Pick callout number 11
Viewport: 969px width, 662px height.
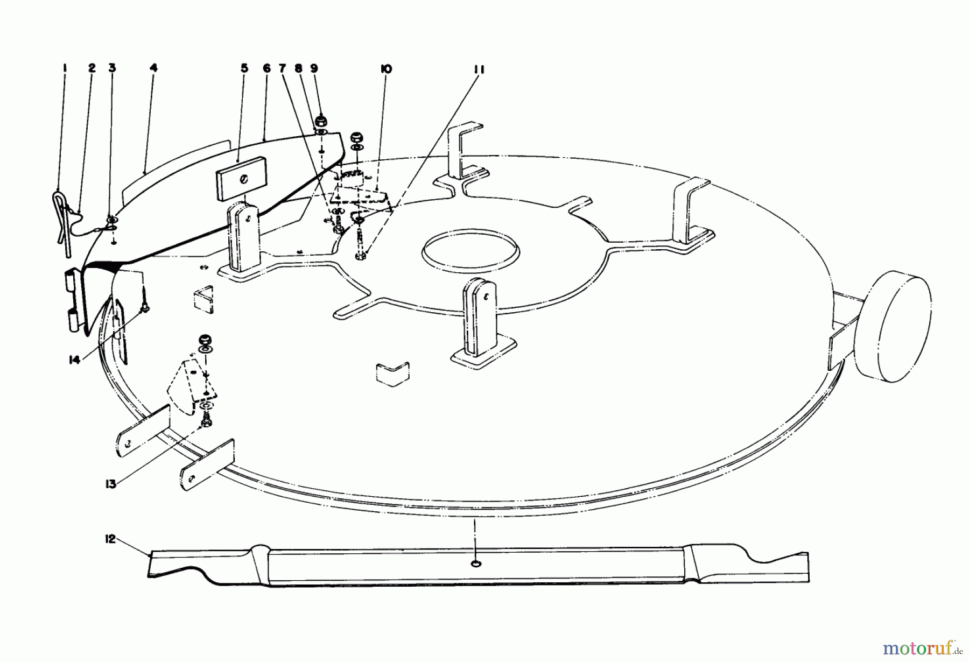pyautogui.click(x=480, y=69)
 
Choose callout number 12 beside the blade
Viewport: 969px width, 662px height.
pyautogui.click(x=110, y=539)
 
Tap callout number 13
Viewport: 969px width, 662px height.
pyautogui.click(x=110, y=484)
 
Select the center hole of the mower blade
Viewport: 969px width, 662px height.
pyautogui.click(x=475, y=563)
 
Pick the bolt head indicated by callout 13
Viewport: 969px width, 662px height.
pyautogui.click(x=206, y=425)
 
